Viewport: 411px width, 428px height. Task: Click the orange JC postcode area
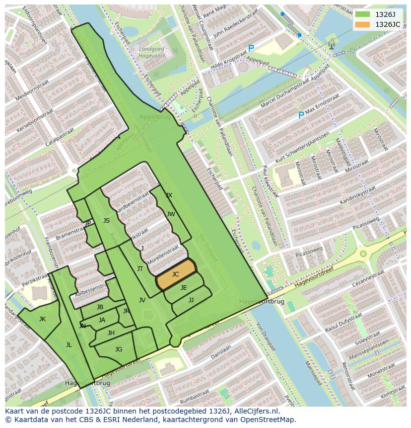176,274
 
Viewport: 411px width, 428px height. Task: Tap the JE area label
184,288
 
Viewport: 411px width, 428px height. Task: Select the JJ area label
191,300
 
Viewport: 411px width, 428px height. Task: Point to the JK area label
42,319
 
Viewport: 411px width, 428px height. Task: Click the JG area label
119,349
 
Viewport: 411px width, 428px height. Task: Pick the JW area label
171,214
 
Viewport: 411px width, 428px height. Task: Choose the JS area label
106,221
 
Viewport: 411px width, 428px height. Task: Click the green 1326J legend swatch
363,14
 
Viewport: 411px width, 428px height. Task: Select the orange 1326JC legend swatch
363,24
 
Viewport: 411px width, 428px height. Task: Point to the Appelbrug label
154,118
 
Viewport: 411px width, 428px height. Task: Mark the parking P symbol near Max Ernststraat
301,115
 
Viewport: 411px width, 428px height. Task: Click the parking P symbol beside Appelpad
251,49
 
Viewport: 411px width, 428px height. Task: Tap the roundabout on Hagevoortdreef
363,254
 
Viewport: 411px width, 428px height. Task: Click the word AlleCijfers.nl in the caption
256,411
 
